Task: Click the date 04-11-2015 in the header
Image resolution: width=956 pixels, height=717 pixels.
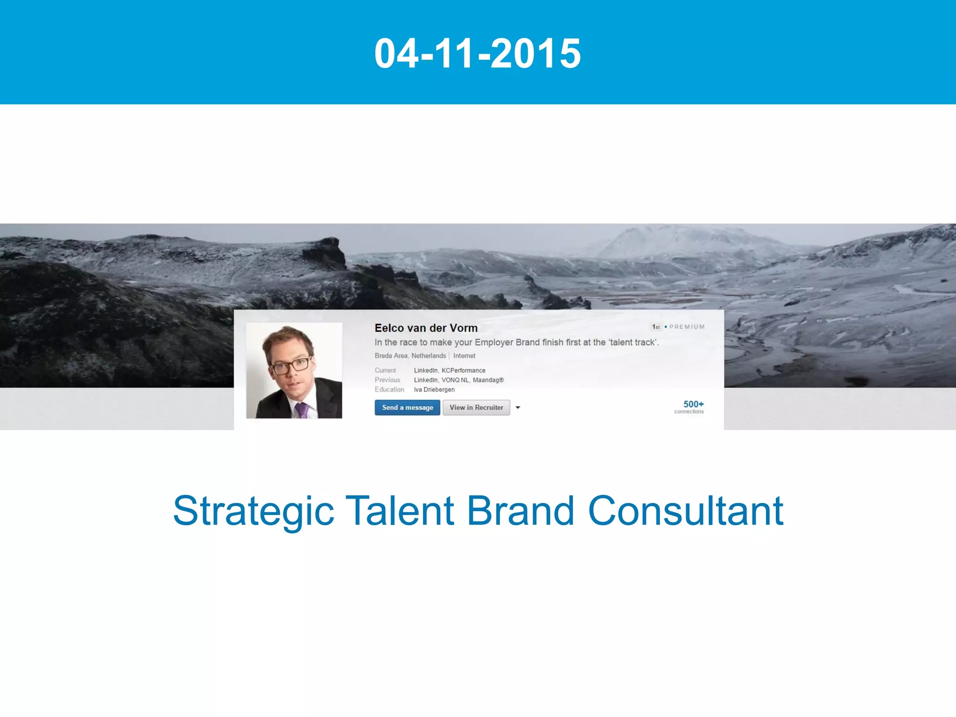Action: click(478, 53)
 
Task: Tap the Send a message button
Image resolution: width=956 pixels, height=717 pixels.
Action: click(407, 408)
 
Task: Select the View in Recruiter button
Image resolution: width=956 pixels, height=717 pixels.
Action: click(476, 408)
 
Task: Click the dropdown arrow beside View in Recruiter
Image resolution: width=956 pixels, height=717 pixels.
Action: click(518, 408)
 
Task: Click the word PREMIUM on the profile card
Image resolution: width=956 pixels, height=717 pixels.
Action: click(687, 327)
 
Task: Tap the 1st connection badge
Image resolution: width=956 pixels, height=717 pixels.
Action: click(656, 327)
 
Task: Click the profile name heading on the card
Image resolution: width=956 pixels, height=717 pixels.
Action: click(426, 328)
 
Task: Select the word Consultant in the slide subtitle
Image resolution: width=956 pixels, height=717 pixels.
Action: click(685, 511)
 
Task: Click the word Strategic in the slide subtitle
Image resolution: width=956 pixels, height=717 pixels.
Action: click(253, 511)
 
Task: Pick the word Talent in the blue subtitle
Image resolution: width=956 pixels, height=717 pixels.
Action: click(400, 511)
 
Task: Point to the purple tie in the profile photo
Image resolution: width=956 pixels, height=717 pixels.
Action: click(302, 410)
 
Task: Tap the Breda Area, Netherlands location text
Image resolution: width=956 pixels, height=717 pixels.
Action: click(410, 356)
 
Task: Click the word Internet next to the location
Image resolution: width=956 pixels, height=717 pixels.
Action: click(464, 356)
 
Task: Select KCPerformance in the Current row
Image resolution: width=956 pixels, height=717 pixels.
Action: click(463, 370)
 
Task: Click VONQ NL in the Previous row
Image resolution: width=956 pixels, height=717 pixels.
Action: click(455, 380)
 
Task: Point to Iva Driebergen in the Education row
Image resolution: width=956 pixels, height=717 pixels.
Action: click(434, 390)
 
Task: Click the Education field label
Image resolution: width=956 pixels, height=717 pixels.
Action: click(389, 390)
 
